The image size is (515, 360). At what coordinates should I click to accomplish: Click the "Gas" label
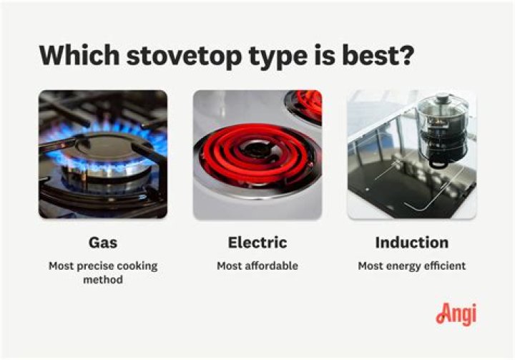point(102,243)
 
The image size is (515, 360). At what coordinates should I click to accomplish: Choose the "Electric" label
point(257,243)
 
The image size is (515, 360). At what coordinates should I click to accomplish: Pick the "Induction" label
point(411,243)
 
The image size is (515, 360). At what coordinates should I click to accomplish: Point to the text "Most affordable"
point(257,266)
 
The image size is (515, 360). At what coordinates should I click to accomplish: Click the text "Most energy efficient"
point(411,266)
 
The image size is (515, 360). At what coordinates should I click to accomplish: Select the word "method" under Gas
point(102,280)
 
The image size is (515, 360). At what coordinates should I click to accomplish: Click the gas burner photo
point(102,154)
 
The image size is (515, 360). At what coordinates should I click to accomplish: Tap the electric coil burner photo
point(257,154)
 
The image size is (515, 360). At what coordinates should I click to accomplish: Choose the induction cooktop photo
point(411,154)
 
